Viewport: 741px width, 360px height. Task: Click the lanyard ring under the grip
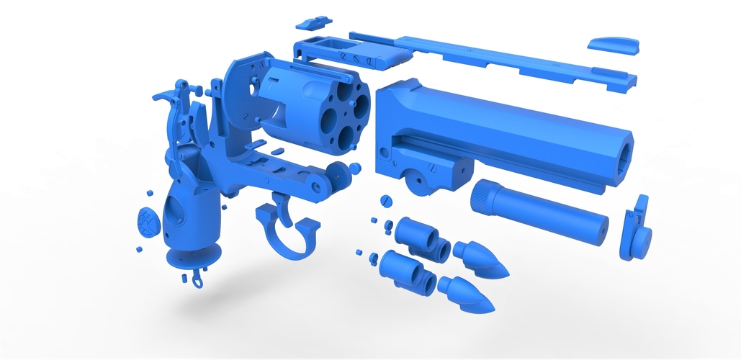(197, 276)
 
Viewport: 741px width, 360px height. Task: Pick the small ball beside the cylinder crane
(356, 168)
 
